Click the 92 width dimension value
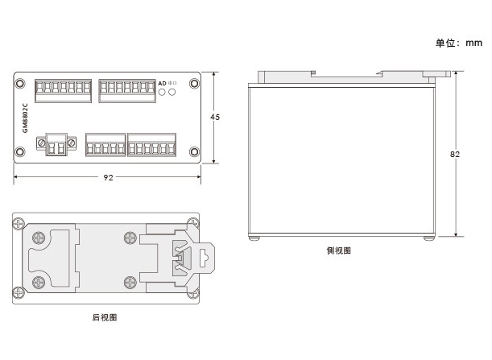coord(108,178)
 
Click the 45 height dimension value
coord(215,117)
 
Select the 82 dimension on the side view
coord(455,155)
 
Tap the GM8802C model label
coord(26,118)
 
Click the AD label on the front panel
coord(162,84)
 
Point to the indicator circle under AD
coord(162,93)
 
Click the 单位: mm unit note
coord(459,43)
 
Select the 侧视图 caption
coord(339,250)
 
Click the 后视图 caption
coord(105,317)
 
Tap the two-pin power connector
coord(56,144)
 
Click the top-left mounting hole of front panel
coord(20,84)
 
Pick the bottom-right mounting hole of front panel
coord(194,152)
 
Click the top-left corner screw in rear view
coord(19,224)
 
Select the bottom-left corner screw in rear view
coord(19,293)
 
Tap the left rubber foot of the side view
coord(254,238)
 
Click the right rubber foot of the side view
coord(429,238)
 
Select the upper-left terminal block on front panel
coord(63,91)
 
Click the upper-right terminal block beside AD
coord(127,91)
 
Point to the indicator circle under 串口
coord(172,93)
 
